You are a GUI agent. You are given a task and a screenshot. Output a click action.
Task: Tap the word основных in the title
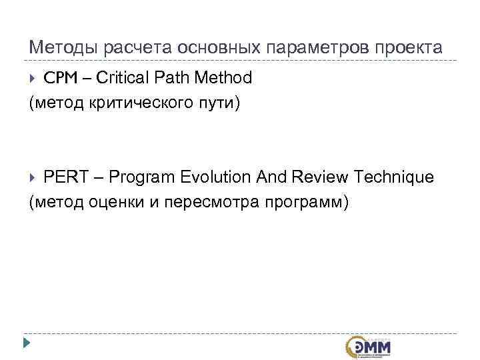click(x=205, y=48)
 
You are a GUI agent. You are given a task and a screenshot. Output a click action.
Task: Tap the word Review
click(x=319, y=177)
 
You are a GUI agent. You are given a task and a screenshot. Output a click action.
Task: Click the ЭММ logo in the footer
click(x=369, y=346)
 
